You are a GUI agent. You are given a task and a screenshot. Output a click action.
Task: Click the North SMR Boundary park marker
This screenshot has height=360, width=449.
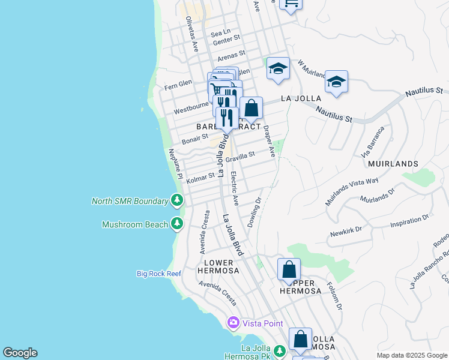176,200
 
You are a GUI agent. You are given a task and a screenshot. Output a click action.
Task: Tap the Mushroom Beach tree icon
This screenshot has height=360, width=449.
176,224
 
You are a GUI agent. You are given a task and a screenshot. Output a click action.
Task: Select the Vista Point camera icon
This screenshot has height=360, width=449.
233,323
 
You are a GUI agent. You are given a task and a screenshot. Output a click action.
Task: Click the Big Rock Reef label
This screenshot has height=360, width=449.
158,274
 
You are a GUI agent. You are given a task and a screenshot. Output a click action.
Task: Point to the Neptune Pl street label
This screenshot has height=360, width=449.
175,163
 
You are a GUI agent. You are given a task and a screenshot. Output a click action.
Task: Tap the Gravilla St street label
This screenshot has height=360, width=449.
240,157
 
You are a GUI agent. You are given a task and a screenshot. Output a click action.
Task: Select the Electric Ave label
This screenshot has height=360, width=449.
235,188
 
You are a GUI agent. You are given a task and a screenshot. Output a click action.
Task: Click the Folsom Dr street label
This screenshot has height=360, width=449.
334,296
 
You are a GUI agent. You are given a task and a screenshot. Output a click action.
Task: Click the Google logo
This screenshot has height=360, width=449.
20,353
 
